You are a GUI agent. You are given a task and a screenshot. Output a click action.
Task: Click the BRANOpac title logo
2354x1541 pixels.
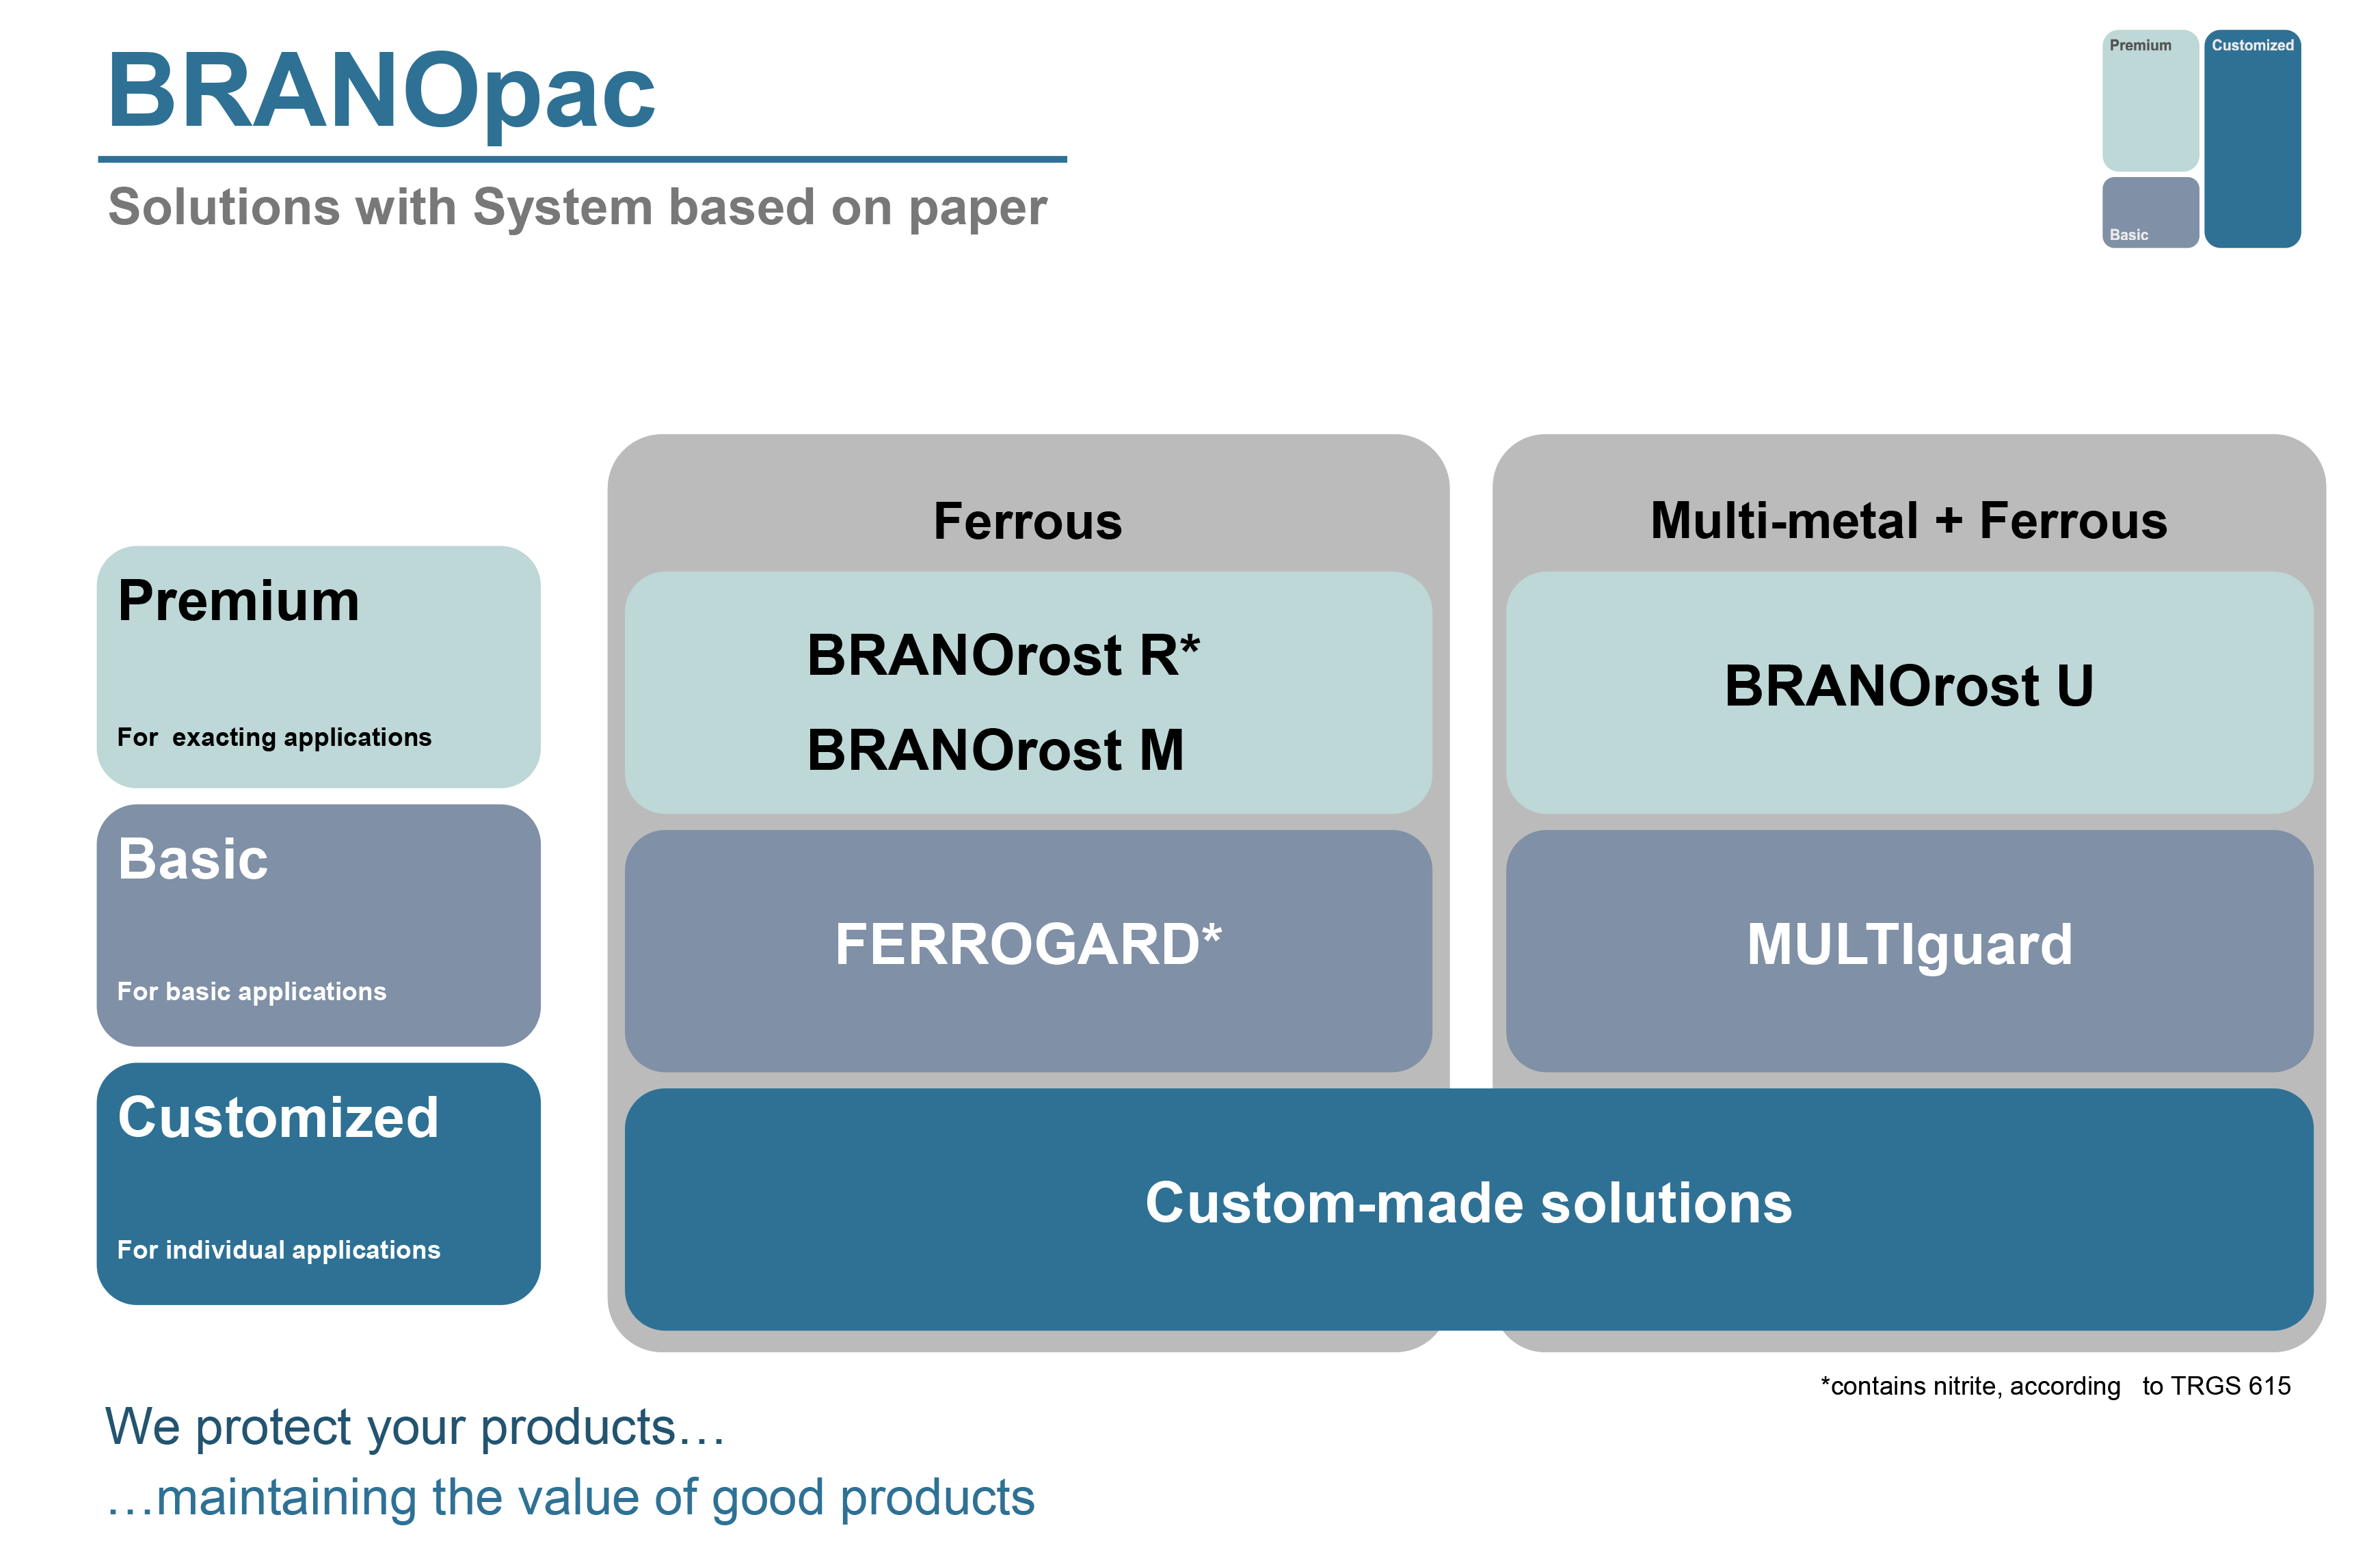[381, 94]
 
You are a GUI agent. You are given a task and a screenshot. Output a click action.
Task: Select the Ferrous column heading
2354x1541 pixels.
[1028, 521]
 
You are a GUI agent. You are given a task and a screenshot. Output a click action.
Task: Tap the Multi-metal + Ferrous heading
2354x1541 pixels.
[1908, 520]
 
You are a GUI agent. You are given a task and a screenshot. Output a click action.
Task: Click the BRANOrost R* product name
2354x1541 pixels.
[1003, 655]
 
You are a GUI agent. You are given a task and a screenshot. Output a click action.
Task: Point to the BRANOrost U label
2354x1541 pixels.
[1908, 686]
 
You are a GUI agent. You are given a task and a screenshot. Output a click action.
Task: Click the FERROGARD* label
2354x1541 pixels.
[1028, 943]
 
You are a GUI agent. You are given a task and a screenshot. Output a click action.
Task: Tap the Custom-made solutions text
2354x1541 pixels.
[1468, 1203]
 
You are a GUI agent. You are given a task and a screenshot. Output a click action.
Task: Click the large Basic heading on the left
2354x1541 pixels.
[193, 859]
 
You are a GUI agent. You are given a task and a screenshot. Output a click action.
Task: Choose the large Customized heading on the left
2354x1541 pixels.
[278, 1118]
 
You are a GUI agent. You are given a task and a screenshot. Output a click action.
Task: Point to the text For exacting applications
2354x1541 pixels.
[274, 737]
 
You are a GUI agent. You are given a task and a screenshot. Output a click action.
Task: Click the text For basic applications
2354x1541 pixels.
[251, 991]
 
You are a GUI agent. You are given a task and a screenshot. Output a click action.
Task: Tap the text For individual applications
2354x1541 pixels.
[278, 1249]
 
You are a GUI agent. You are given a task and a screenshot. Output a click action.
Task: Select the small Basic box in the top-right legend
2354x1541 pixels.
[2150, 213]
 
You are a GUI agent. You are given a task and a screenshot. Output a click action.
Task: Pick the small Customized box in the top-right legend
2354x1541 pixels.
[2251, 139]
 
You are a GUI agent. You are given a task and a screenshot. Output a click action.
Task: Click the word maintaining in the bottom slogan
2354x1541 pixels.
[286, 1497]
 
